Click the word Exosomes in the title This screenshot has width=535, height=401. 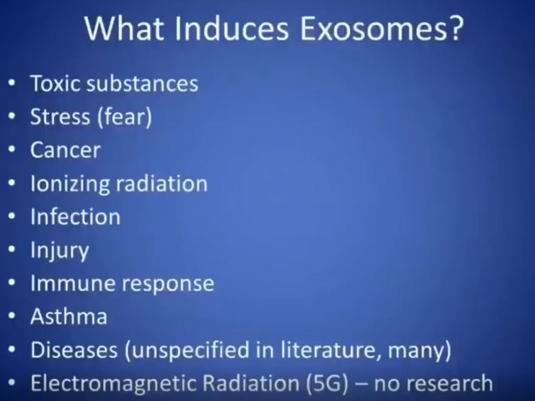[x=374, y=28]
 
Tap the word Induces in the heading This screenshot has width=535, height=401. [x=232, y=28]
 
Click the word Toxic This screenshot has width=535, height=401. [x=55, y=84]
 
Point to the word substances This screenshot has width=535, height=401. [x=143, y=84]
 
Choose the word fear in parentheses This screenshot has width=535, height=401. [x=125, y=117]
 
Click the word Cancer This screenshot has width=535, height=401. [x=65, y=150]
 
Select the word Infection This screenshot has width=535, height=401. [x=75, y=217]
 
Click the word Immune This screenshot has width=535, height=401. [x=72, y=283]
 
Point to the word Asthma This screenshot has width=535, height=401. [x=69, y=316]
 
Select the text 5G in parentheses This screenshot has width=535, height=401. [x=327, y=383]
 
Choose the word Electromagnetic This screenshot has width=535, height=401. [x=114, y=384]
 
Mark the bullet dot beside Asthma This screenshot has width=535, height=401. [x=12, y=316]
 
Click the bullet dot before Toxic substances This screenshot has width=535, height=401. [x=12, y=84]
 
